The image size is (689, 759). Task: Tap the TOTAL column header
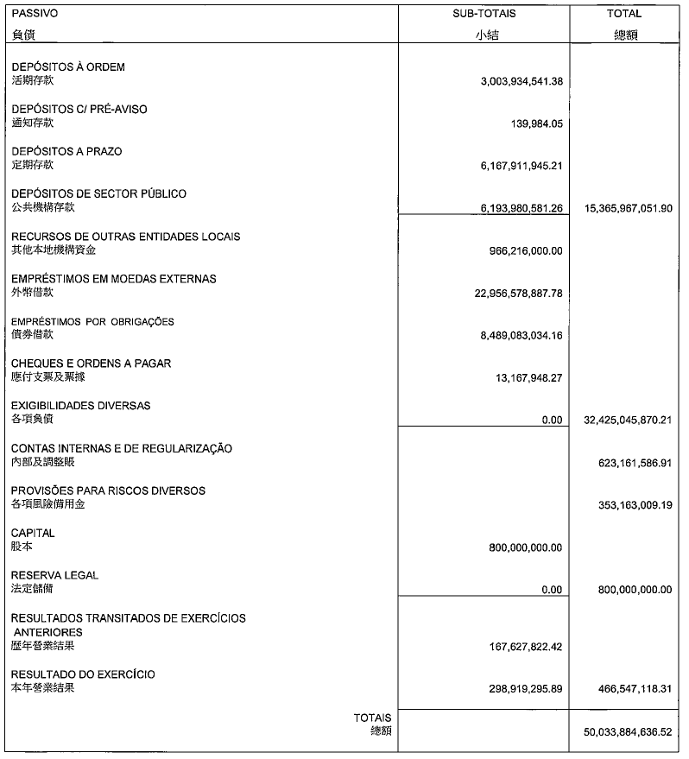pyautogui.click(x=624, y=14)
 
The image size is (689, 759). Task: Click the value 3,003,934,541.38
pyautogui.click(x=521, y=81)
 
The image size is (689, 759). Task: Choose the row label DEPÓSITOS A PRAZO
pyautogui.click(x=66, y=151)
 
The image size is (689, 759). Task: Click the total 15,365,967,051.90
pyautogui.click(x=622, y=208)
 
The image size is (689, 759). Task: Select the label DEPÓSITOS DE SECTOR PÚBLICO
pyautogui.click(x=98, y=193)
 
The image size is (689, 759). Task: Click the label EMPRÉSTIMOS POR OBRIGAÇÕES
pyautogui.click(x=92, y=321)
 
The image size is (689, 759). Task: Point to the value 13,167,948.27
pyautogui.click(x=529, y=377)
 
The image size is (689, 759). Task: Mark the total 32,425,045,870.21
pyautogui.click(x=622, y=421)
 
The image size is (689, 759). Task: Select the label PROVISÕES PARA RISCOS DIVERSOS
pyautogui.click(x=108, y=490)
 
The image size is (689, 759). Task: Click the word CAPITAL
pyautogui.click(x=33, y=533)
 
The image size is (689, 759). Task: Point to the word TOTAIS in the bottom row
pyautogui.click(x=372, y=718)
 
